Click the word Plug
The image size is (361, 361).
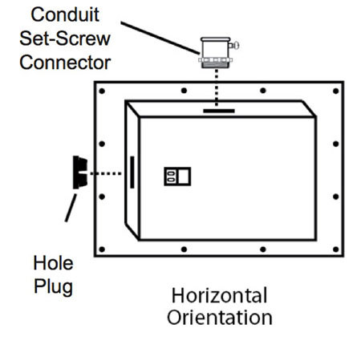pos(54,286)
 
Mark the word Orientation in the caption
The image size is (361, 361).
pos(219,317)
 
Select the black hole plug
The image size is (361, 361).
pos(79,172)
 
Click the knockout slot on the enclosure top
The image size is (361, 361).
pos(219,112)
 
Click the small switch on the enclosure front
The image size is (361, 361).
pos(176,176)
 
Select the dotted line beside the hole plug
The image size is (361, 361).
pos(105,172)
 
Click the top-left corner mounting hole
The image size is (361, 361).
pos(103,91)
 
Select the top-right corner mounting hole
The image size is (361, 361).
pos(334,91)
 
